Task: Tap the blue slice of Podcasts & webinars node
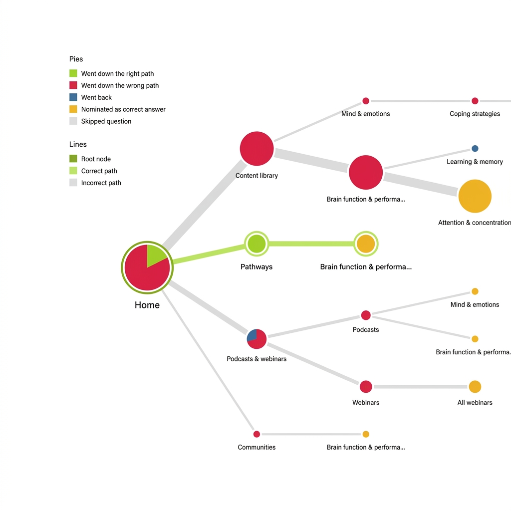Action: (252, 335)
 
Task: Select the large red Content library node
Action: (256, 149)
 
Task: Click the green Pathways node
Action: (256, 244)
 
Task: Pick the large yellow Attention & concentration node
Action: (475, 196)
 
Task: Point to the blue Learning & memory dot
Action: (475, 149)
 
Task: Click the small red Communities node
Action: (256, 434)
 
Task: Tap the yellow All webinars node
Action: (475, 387)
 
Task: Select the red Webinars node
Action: (366, 387)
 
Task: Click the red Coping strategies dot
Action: (475, 101)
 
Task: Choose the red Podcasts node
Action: (366, 315)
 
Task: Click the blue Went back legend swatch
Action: (73, 97)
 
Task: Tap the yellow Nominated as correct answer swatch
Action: (73, 109)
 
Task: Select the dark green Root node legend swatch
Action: (73, 159)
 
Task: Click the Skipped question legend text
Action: (106, 121)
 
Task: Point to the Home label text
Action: (147, 305)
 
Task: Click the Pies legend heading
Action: (76, 59)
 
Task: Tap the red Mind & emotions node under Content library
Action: (366, 101)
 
